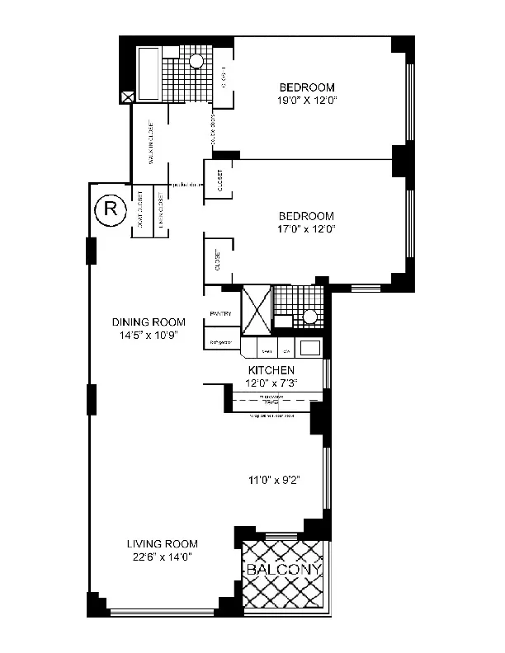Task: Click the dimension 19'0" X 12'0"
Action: [x=306, y=101]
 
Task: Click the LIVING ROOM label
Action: [x=163, y=543]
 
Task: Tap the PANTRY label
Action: [x=220, y=313]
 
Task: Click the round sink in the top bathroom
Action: [x=196, y=60]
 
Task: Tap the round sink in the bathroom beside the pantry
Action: [x=311, y=316]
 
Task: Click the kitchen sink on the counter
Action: [x=310, y=348]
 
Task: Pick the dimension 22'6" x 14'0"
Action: [x=163, y=557]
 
